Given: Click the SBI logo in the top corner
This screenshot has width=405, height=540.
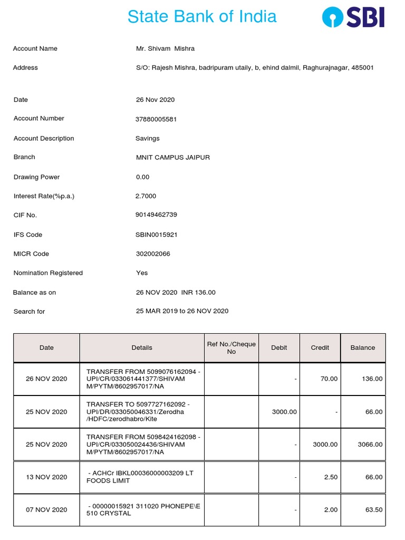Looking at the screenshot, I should point(353,17).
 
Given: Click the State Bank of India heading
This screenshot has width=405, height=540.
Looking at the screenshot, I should point(202,16).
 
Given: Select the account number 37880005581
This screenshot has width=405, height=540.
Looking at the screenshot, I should point(156,119).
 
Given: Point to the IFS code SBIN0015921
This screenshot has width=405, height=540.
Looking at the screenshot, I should point(157,235).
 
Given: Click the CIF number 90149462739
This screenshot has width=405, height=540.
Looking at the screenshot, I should point(157,215).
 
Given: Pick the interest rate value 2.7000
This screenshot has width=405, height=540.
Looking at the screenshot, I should point(146,196).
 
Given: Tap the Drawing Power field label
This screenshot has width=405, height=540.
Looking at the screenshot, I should point(37,177).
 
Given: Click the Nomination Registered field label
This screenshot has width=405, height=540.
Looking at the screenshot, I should point(48,273).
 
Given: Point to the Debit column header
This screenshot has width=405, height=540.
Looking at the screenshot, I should point(279,348).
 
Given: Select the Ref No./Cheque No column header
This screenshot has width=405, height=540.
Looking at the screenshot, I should point(231,348).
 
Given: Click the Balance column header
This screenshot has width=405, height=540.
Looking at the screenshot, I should point(363,348).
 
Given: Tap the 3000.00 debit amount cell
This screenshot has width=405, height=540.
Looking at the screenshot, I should point(284,412).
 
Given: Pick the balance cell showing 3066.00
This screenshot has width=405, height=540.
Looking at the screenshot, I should point(370,445).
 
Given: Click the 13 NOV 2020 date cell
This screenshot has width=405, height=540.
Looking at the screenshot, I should point(46,477).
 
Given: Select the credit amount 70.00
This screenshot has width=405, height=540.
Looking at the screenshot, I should point(329,379).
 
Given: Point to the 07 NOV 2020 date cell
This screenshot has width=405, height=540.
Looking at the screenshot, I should point(46,509).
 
